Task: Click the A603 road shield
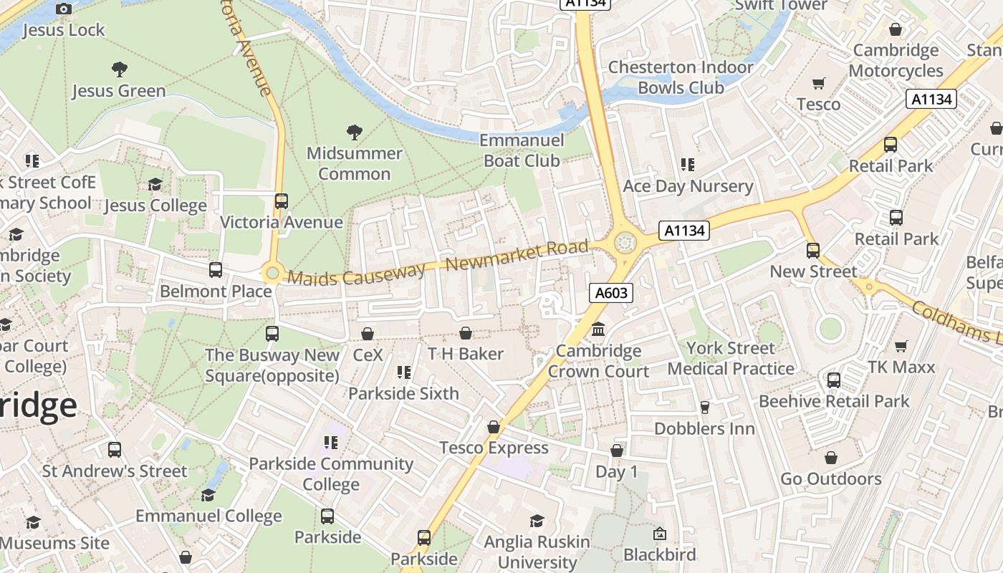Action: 611,292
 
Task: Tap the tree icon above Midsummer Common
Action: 354,132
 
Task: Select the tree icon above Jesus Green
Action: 120,69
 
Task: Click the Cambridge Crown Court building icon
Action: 598,329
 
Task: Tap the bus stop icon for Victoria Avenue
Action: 281,201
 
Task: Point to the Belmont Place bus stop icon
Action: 215,270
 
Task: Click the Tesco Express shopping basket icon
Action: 493,427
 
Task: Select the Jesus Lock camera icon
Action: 64,9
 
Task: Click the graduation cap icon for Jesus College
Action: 155,185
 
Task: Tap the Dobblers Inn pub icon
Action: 704,408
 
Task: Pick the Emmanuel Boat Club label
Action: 522,150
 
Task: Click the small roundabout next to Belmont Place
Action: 272,273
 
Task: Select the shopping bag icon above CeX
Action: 368,334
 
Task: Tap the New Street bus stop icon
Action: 812,251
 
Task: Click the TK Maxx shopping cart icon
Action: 901,347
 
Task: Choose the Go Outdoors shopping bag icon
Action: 831,457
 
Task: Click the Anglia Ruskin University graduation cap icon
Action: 537,521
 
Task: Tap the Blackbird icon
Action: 659,534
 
